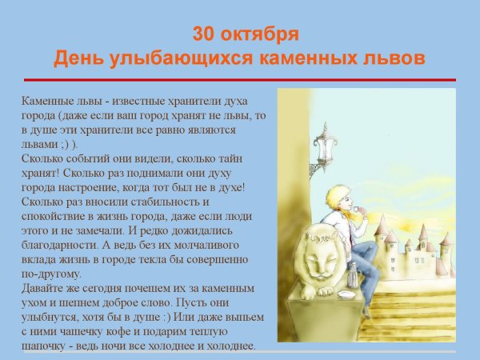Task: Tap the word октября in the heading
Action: coord(259,34)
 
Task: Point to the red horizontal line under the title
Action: coord(240,80)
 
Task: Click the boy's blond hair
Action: coord(337,197)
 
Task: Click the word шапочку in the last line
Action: coord(48,346)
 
